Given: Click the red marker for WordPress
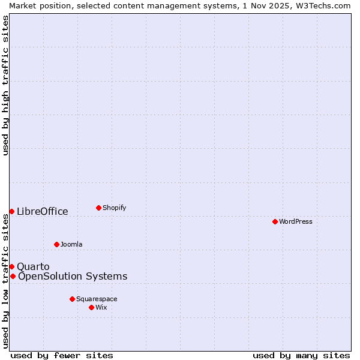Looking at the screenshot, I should point(275,221).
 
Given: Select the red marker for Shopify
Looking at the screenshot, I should point(98,208).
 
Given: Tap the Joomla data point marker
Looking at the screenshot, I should point(56,244).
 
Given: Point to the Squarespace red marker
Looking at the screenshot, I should point(72,299).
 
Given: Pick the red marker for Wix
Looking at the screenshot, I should point(91,307).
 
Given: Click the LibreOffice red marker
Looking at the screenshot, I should point(11,211).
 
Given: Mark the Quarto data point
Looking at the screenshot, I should point(11,266).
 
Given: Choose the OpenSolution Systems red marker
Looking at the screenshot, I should point(13,276).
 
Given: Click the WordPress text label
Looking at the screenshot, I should point(296,221).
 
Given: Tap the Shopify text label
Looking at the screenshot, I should point(115,208).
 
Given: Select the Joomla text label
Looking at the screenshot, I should point(71,244).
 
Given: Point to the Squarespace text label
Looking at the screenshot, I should point(97,299).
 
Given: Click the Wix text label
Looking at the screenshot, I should point(101,307).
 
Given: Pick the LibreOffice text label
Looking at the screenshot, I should point(43,211).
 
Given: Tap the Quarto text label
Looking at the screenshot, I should point(33,266).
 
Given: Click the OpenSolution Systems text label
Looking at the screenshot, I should point(73,276).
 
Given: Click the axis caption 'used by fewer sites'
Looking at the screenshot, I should point(62,355).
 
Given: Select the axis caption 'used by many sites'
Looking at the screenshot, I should point(301,355).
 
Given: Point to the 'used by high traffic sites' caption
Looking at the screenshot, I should point(5,86).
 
